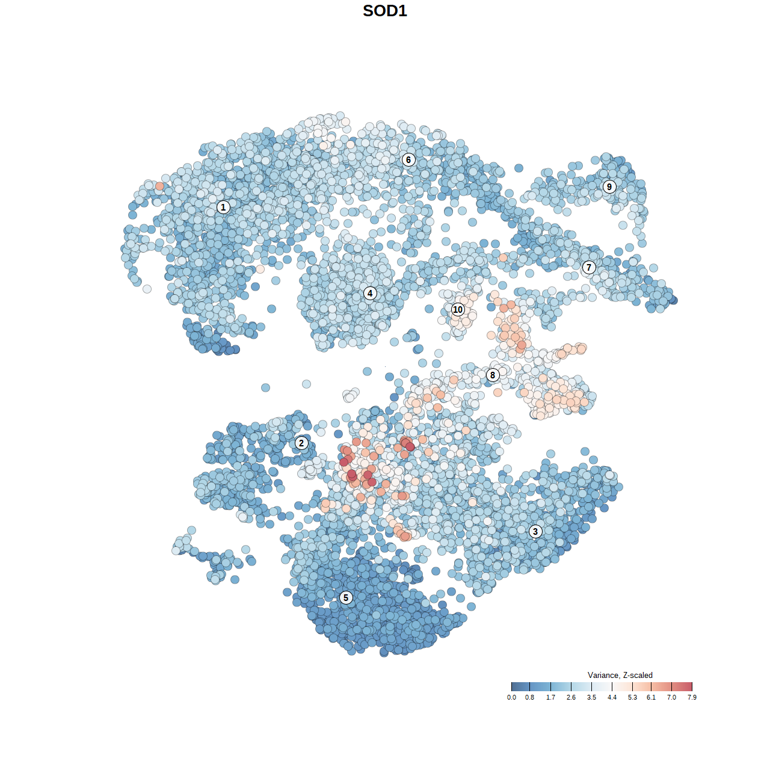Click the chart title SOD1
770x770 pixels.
(385, 11)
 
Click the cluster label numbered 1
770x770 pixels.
(223, 207)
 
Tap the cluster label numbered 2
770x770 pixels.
(301, 443)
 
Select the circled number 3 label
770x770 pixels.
(535, 531)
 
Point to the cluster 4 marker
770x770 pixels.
(370, 294)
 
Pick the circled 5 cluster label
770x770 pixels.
(346, 597)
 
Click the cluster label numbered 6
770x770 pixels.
(408, 159)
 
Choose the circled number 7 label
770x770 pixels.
(589, 268)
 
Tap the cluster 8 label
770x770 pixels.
(493, 375)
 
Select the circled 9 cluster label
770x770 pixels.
(609, 186)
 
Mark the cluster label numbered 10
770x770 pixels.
(458, 310)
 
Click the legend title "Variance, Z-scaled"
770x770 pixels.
(620, 675)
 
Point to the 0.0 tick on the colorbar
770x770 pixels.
(511, 697)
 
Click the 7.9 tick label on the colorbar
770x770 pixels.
(692, 697)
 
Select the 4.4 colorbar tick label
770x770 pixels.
(612, 697)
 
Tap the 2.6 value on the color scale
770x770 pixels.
(571, 697)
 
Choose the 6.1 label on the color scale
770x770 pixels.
(651, 697)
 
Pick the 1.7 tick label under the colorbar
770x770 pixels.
(550, 697)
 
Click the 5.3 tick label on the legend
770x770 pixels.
(632, 697)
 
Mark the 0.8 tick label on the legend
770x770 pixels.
(529, 697)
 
